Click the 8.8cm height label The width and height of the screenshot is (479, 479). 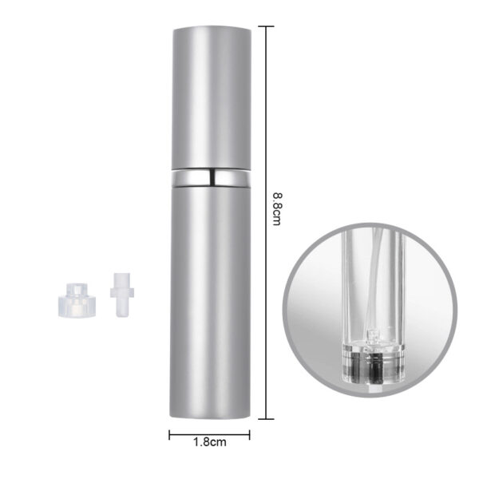tap(275, 208)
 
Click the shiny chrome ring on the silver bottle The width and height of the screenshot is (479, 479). tap(210, 176)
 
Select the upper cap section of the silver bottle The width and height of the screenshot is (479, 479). tap(210, 96)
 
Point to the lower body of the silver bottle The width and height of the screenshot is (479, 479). tap(210, 303)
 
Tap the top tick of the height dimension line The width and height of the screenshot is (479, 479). tap(264, 26)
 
